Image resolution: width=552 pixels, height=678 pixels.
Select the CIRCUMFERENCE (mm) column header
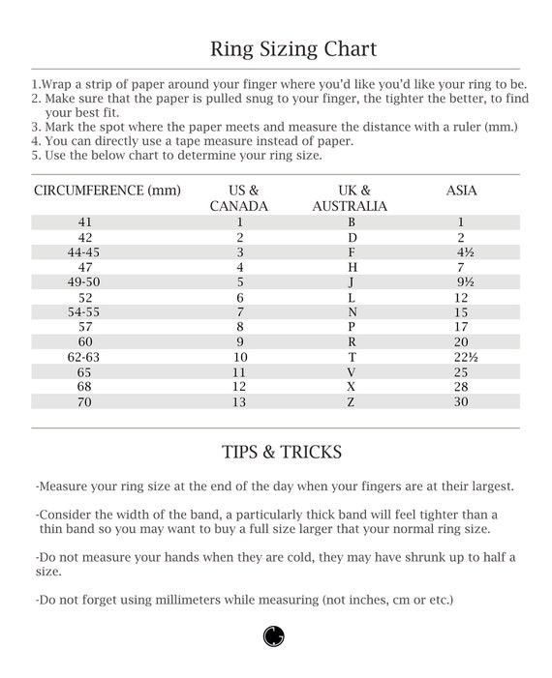pyautogui.click(x=100, y=191)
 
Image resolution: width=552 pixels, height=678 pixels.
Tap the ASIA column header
pyautogui.click(x=461, y=191)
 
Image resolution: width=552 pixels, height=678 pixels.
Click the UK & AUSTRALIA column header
pyautogui.click(x=352, y=198)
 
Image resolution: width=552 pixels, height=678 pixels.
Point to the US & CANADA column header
pyautogui.click(x=239, y=198)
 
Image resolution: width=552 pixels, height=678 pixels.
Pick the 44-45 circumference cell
pyautogui.click(x=85, y=251)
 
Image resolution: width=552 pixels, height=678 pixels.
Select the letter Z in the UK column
pyautogui.click(x=352, y=401)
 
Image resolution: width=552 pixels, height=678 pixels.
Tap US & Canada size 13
pyautogui.click(x=239, y=401)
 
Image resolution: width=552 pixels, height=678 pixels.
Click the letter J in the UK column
pyautogui.click(x=352, y=281)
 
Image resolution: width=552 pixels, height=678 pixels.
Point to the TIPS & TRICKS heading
pyautogui.click(x=281, y=453)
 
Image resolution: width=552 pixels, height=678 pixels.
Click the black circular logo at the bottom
pyautogui.click(x=274, y=635)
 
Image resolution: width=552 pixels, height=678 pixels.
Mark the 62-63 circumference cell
pyautogui.click(x=85, y=357)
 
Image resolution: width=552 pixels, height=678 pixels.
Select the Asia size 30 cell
pyautogui.click(x=461, y=401)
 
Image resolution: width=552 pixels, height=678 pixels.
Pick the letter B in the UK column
pyautogui.click(x=352, y=221)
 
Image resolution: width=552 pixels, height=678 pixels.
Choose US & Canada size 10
pyautogui.click(x=239, y=357)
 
